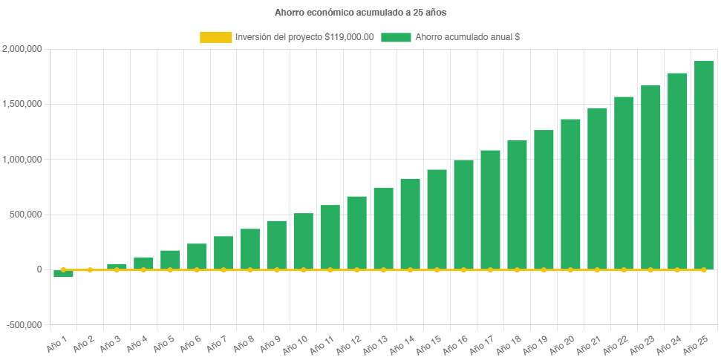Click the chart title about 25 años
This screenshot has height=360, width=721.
click(x=360, y=13)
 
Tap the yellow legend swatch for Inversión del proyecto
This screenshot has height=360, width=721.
click(x=215, y=37)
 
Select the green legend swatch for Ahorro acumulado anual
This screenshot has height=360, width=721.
click(x=396, y=37)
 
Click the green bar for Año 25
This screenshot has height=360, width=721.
click(x=704, y=165)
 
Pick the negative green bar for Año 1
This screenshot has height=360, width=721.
click(x=64, y=274)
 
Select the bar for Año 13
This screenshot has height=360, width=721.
click(x=383, y=228)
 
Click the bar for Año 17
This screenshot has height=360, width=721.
click(x=490, y=209)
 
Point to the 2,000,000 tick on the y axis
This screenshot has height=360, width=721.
click(x=22, y=49)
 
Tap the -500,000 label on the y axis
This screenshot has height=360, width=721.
click(x=24, y=325)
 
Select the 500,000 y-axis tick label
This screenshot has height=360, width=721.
click(x=27, y=215)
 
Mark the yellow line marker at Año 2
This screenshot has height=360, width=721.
click(x=91, y=269)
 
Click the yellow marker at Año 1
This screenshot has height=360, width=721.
click(x=64, y=269)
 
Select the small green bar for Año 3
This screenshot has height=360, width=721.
click(x=117, y=266)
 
